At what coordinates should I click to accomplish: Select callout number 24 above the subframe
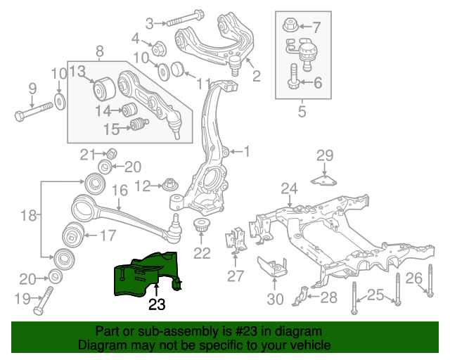(290, 188)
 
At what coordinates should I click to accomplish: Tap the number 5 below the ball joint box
(302, 110)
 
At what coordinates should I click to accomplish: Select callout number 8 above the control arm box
(99, 51)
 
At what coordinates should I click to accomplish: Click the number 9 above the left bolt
(32, 88)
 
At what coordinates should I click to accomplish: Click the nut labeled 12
(169, 186)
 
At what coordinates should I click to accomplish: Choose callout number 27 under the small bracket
(236, 275)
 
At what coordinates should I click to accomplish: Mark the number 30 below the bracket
(275, 299)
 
